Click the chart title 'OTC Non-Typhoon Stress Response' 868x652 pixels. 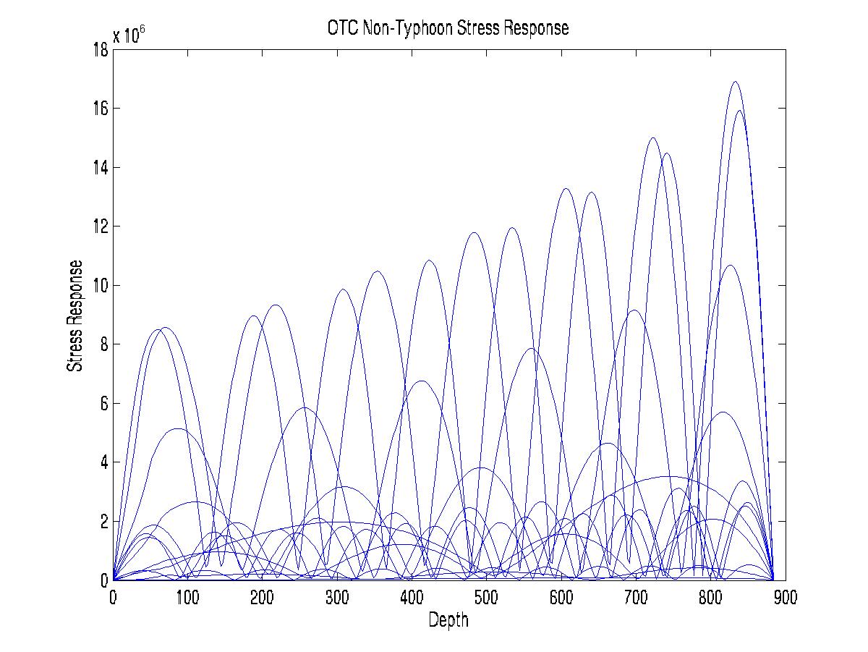(x=448, y=28)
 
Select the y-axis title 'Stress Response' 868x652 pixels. (x=74, y=316)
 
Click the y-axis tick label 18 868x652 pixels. (x=100, y=50)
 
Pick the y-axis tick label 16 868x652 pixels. (x=100, y=109)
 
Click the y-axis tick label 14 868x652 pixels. (x=100, y=168)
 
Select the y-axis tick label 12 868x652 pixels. (x=100, y=226)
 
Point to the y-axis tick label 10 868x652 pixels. (x=100, y=286)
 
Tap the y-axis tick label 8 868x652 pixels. (x=104, y=344)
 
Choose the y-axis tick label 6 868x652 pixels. (x=104, y=403)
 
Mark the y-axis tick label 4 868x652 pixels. (x=104, y=462)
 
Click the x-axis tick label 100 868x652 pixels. (x=187, y=598)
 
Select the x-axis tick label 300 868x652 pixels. (x=337, y=598)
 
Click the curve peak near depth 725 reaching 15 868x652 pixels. (x=653, y=138)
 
